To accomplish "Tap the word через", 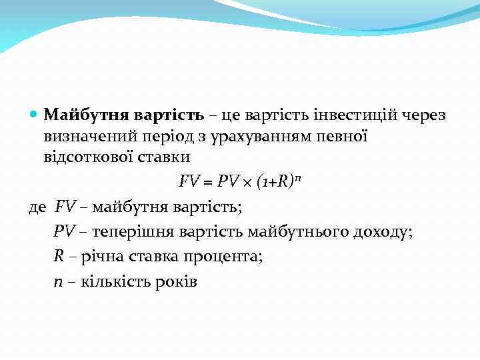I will pyautogui.click(x=425, y=115).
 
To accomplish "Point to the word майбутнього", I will pyautogui.click(x=292, y=231).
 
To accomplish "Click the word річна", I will pyautogui.click(x=99, y=256).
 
